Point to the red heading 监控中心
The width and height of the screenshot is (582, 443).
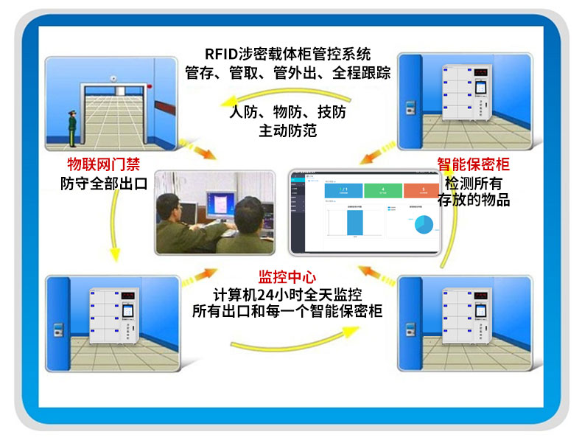(287, 277)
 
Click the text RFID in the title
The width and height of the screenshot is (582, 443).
(222, 55)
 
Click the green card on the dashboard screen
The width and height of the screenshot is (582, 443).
(382, 191)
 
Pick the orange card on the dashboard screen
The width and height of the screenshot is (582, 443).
(421, 191)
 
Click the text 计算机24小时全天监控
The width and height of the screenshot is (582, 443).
(287, 295)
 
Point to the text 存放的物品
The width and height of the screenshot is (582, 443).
(474, 200)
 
